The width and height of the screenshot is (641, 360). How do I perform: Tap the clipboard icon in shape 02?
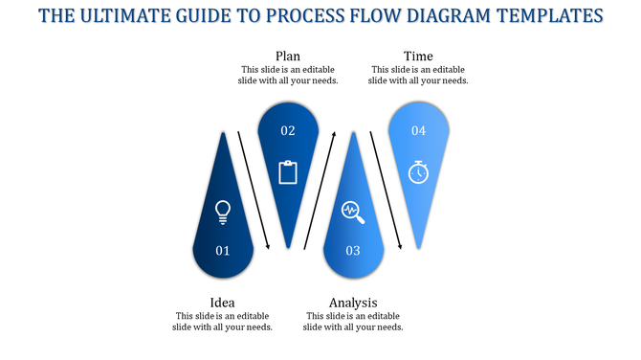tap(288, 172)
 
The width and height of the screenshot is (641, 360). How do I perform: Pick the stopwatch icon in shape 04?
tap(418, 171)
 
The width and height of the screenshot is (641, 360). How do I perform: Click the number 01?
tap(223, 251)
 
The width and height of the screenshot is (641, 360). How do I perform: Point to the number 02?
tap(288, 130)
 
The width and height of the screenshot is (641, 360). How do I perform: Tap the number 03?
tap(353, 251)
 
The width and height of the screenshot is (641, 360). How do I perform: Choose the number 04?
tap(418, 130)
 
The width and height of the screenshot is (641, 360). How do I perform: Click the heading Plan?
tap(288, 56)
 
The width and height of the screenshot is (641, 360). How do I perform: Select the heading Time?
tap(418, 56)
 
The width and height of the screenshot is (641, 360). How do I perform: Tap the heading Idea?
tap(223, 303)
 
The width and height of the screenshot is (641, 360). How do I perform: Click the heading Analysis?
tap(353, 303)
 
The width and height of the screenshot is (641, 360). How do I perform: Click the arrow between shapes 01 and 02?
tap(254, 190)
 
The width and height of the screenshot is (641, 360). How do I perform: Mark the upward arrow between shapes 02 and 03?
tap(320, 190)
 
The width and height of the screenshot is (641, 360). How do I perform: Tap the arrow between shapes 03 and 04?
tap(386, 190)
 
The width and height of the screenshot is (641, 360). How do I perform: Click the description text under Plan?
tap(288, 75)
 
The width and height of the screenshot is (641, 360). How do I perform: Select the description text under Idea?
tap(223, 322)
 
